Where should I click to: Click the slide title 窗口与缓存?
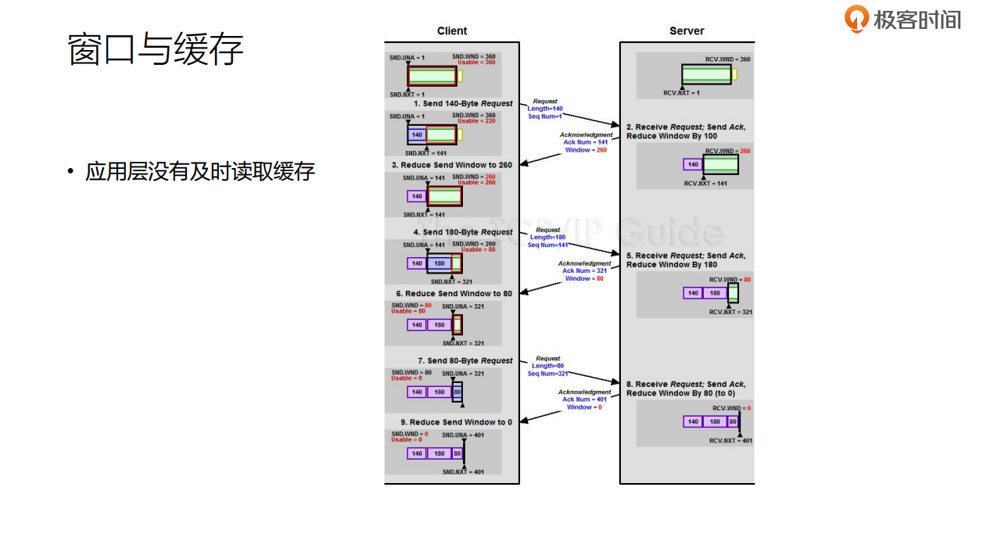tap(156, 49)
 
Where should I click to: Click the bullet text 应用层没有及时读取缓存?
tap(199, 172)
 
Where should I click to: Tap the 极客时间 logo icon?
tap(856, 18)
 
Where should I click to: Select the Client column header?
tap(451, 31)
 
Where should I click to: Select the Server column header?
tap(687, 31)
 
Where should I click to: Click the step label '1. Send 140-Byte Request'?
tap(463, 103)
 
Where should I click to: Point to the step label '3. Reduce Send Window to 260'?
tap(452, 165)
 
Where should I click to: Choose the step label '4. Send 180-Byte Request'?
tap(463, 232)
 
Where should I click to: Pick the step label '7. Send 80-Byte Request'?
tap(465, 361)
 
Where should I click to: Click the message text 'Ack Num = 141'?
tap(586, 142)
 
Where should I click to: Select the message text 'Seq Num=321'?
tap(547, 374)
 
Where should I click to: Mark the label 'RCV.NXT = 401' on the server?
tap(730, 441)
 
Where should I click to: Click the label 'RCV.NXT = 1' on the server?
tap(681, 93)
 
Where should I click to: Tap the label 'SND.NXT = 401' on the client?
tap(463, 472)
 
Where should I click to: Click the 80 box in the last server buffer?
tap(733, 421)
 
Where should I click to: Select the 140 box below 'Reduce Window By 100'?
tap(693, 165)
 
